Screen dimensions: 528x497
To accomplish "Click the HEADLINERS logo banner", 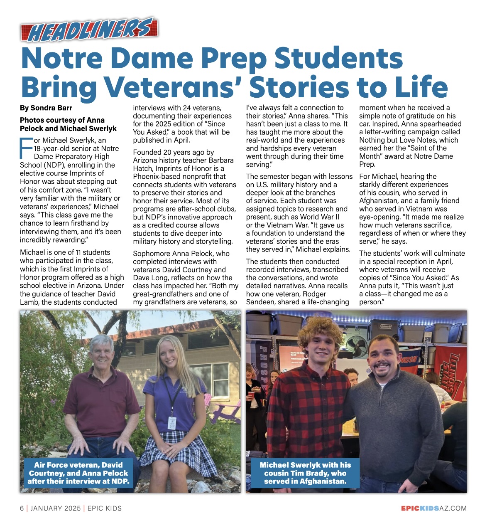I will tap(89, 30).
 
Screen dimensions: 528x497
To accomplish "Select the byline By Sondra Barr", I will tap(46, 108).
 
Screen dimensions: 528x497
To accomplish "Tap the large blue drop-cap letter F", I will tap(26, 148).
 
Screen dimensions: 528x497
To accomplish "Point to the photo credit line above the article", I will tap(68, 124).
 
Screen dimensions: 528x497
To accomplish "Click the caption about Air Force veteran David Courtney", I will tap(78, 473).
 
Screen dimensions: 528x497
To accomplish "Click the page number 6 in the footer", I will tap(22, 508).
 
